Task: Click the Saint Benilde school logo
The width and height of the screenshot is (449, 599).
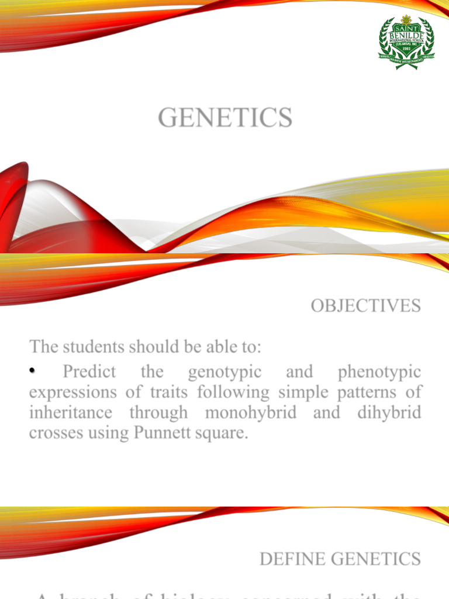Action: click(x=406, y=42)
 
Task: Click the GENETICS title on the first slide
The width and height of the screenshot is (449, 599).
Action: click(x=225, y=118)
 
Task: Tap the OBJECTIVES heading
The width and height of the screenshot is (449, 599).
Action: click(x=365, y=306)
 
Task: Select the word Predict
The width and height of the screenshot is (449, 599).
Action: click(x=89, y=371)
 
